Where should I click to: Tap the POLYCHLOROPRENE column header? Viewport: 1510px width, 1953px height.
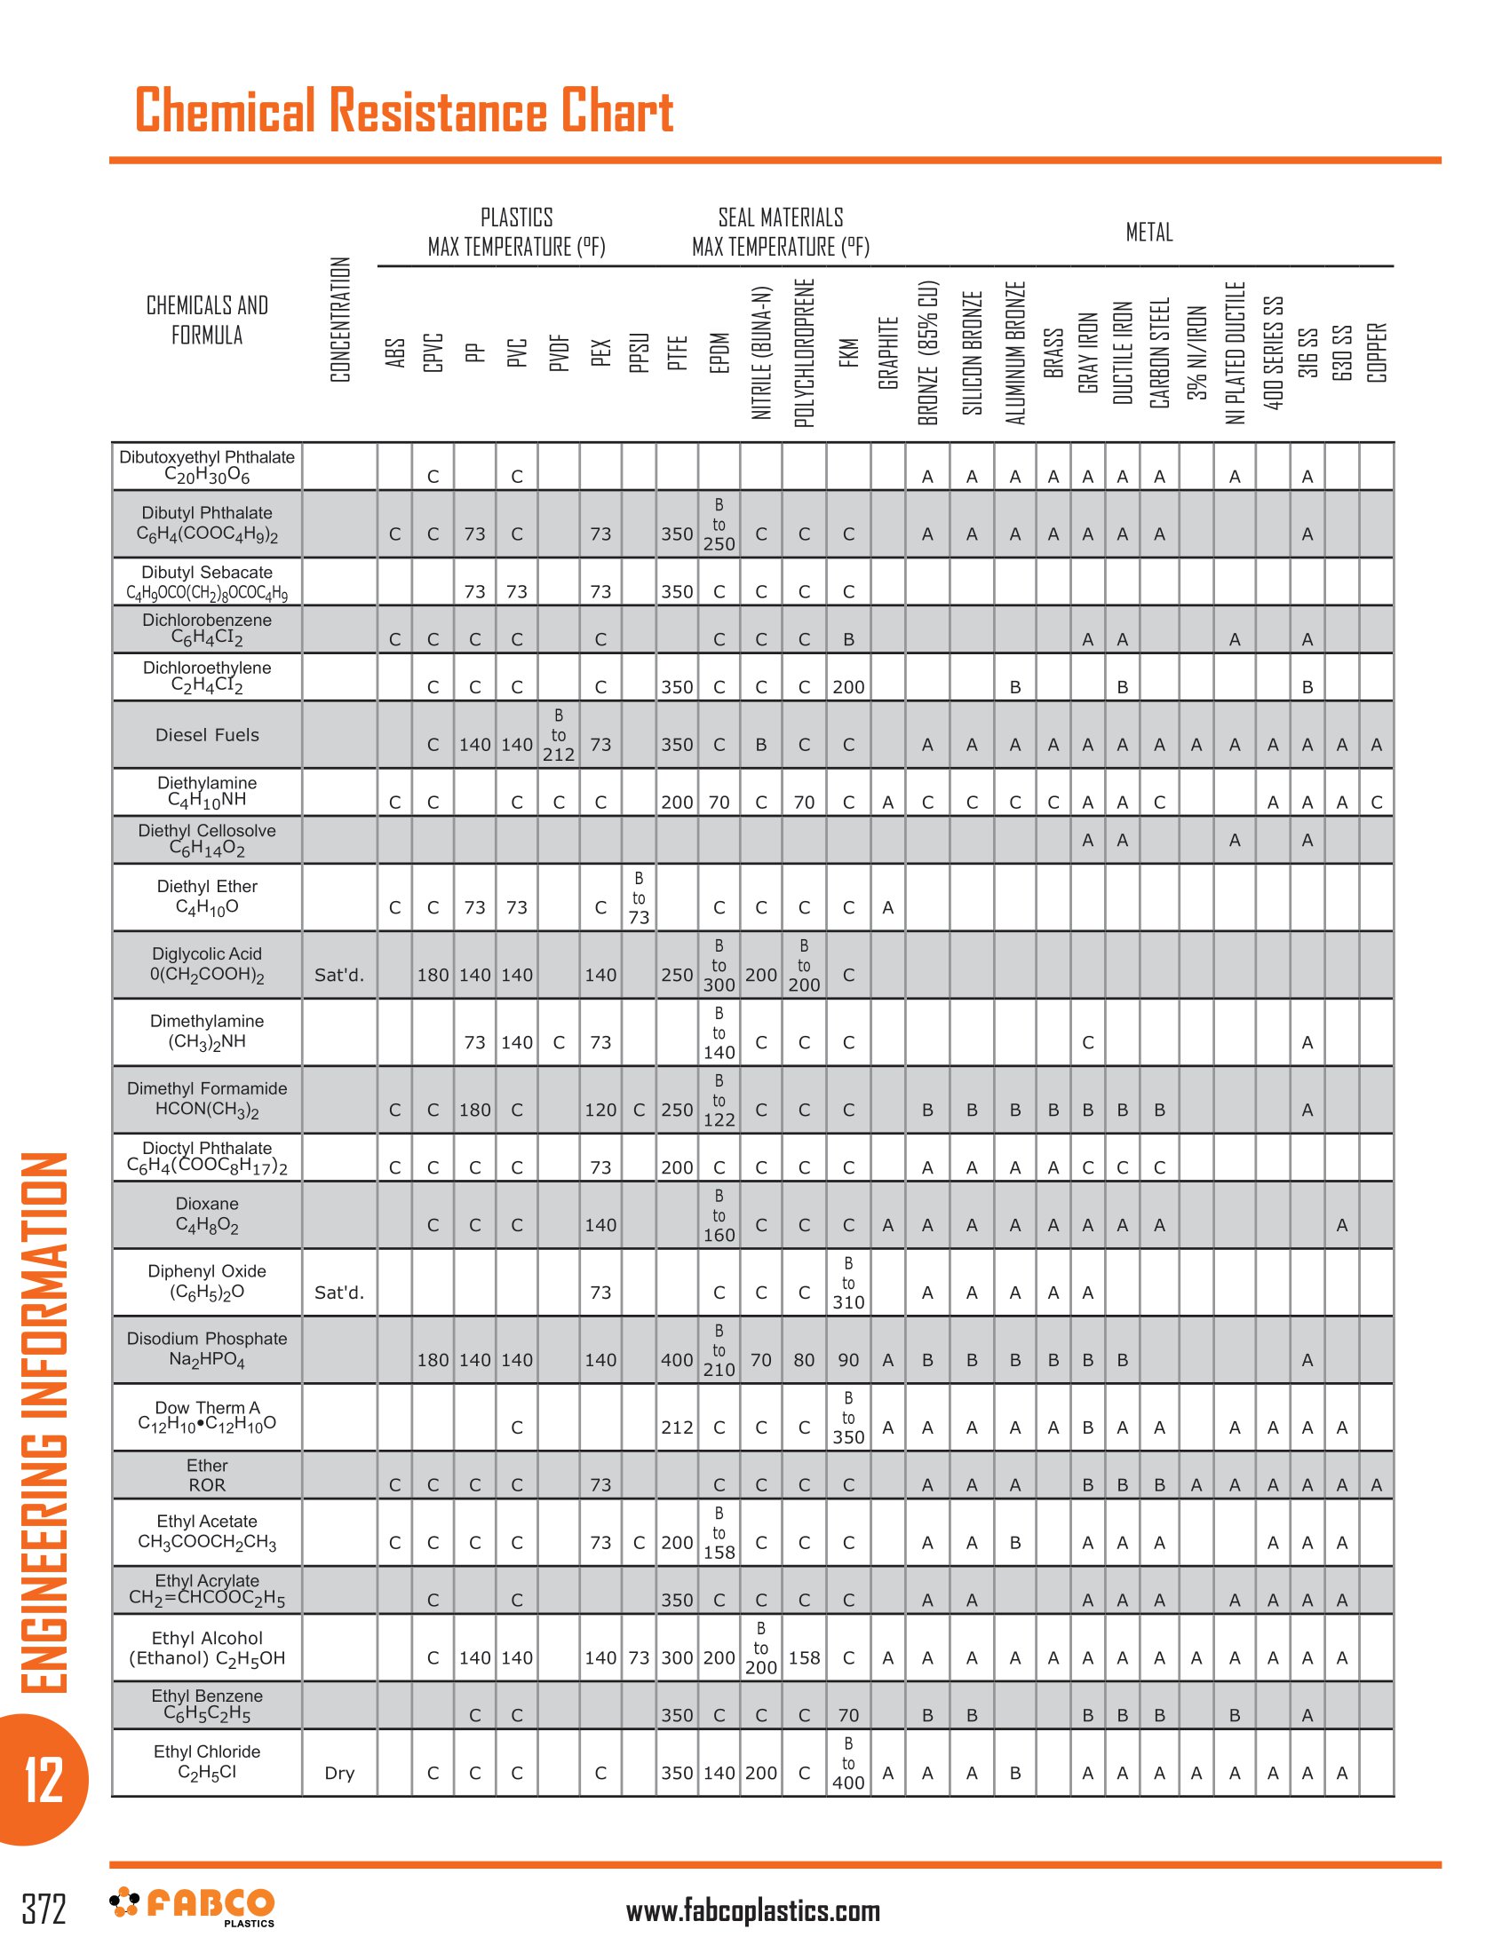(x=804, y=352)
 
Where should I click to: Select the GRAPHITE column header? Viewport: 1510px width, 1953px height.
(x=888, y=352)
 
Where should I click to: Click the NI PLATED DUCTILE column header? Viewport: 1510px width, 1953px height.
(x=1236, y=352)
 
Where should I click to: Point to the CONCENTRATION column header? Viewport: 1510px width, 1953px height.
(x=340, y=320)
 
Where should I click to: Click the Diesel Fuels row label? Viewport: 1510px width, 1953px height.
(x=207, y=735)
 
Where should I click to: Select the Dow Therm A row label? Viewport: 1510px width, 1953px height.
(x=207, y=1416)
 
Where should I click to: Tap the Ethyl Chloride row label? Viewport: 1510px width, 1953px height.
(x=207, y=1761)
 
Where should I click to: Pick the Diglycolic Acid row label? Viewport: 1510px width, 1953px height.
(x=207, y=964)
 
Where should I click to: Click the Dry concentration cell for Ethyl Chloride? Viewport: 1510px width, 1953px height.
(x=340, y=1774)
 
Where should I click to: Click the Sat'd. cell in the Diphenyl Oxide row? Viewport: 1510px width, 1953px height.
(x=340, y=1293)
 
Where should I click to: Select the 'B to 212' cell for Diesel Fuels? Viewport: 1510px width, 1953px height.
(x=558, y=735)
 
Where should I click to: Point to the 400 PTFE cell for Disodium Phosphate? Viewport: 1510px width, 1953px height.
(x=677, y=1360)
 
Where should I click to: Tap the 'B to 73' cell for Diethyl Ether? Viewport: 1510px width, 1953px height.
(x=639, y=897)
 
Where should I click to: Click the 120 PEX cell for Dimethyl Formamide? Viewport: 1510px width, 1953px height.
(x=600, y=1110)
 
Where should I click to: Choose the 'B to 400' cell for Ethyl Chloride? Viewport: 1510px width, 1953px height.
(x=848, y=1762)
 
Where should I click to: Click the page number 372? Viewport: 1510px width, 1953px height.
(x=44, y=1909)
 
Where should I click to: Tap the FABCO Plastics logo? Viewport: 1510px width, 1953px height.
(x=193, y=1906)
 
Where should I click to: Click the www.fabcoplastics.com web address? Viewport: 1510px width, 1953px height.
(x=753, y=1911)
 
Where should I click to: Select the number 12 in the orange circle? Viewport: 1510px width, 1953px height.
(x=44, y=1780)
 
